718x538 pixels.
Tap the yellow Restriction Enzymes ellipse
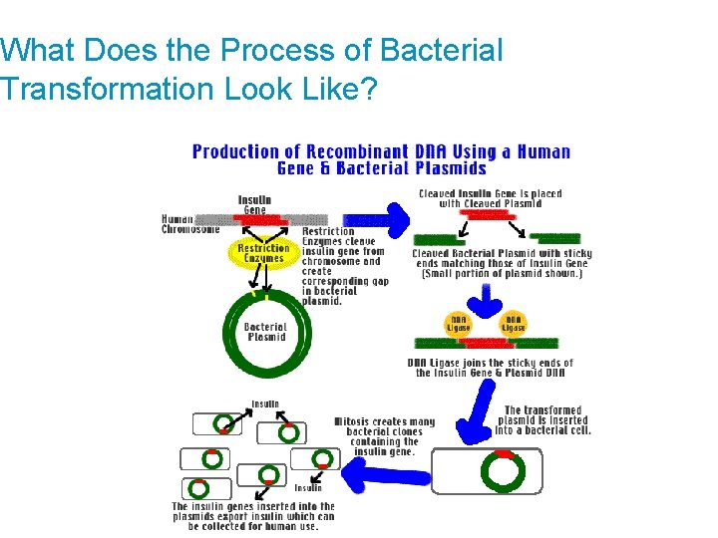click(264, 253)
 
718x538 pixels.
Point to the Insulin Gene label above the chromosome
click(254, 203)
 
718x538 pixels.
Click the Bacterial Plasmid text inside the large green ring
click(265, 331)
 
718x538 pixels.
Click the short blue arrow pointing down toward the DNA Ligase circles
click(489, 297)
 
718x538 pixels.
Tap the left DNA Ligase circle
click(458, 325)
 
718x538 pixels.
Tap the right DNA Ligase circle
click(514, 325)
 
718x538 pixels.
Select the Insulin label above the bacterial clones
click(265, 404)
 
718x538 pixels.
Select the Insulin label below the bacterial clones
click(308, 488)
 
